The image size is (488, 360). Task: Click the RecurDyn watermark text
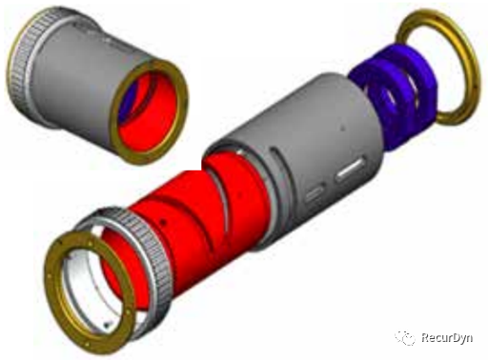tap(447, 337)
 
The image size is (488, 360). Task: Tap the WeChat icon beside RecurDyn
tap(405, 338)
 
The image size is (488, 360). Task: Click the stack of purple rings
tap(393, 95)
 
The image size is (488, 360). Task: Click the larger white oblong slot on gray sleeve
tap(350, 170)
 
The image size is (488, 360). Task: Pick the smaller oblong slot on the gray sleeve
tap(315, 193)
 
